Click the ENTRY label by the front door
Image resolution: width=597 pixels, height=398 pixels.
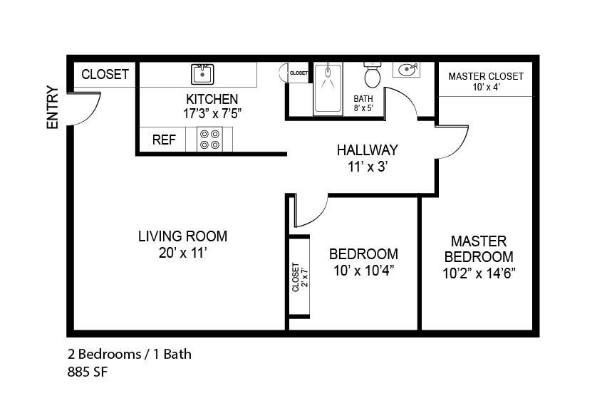(53, 108)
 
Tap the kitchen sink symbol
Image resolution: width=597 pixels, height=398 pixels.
(202, 74)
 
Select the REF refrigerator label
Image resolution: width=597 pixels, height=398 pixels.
(164, 140)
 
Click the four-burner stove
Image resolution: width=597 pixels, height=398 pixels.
(209, 140)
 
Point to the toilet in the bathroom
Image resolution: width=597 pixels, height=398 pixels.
(372, 75)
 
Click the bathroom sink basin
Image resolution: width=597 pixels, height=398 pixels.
(407, 70)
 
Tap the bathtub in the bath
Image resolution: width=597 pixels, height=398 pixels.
(328, 89)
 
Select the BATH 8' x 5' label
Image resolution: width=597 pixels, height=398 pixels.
(363, 103)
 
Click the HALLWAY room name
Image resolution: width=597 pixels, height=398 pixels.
(368, 150)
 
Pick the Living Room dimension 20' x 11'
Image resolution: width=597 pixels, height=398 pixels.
(183, 253)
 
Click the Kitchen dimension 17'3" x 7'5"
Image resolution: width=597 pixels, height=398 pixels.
(212, 113)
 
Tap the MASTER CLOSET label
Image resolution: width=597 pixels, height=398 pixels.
(486, 76)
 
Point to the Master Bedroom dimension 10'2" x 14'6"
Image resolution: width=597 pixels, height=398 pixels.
(479, 273)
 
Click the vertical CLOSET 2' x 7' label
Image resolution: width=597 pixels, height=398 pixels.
(299, 278)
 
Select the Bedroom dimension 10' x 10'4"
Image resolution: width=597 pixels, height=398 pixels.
(363, 271)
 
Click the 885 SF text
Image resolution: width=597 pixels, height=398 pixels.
(88, 372)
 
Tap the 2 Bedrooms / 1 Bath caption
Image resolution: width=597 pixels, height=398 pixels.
(130, 355)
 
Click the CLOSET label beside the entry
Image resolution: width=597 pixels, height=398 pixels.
(105, 74)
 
